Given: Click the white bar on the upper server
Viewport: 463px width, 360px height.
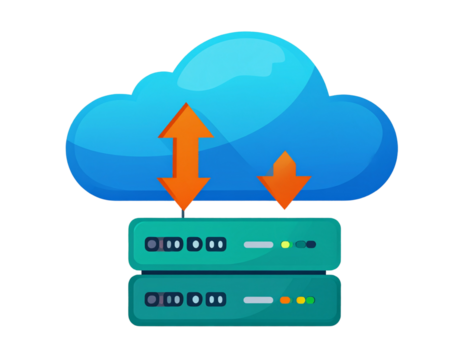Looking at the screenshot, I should click(258, 244).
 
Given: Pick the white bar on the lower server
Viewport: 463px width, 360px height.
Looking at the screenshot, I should click(258, 300).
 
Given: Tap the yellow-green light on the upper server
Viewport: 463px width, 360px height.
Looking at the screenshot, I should click(285, 244).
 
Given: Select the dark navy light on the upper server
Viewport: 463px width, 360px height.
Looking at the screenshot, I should click(311, 244).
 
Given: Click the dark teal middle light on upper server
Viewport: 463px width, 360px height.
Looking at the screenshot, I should click(299, 244).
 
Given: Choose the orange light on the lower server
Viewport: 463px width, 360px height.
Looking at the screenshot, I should click(285, 300).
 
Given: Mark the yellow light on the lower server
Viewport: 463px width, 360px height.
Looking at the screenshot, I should click(300, 300).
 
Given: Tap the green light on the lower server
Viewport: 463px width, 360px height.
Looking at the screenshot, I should click(310, 300).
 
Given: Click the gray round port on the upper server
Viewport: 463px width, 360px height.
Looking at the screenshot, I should click(152, 244).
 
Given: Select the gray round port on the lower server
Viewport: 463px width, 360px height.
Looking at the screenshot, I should click(152, 299).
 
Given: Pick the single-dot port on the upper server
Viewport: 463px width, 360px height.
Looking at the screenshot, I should click(195, 244).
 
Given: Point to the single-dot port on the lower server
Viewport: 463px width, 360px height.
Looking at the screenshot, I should click(195, 299).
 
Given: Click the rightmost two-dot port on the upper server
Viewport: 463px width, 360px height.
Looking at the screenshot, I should click(216, 244).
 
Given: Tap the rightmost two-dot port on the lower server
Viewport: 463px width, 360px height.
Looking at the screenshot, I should click(216, 299).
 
